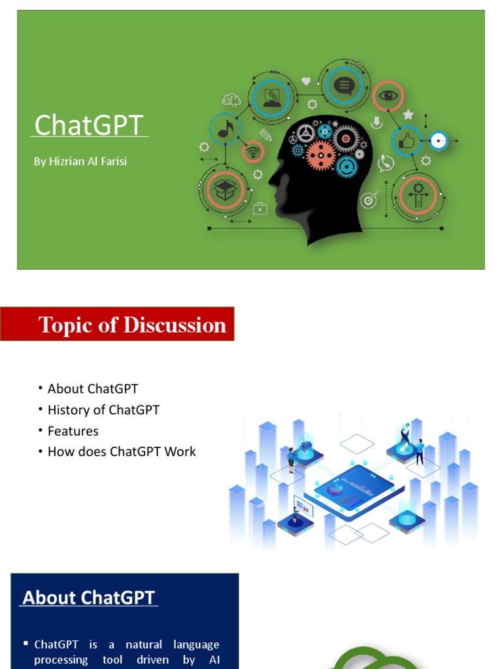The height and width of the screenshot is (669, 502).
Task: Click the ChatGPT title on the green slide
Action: click(88, 125)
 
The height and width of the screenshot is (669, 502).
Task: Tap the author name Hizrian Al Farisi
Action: click(80, 161)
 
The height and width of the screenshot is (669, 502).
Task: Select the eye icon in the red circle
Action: click(388, 95)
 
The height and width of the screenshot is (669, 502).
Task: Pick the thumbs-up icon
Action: click(407, 140)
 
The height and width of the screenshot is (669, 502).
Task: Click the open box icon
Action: click(225, 189)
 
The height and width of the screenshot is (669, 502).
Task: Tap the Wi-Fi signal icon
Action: click(253, 152)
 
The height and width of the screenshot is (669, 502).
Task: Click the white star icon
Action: click(408, 115)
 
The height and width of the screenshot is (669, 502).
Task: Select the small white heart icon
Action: click(306, 82)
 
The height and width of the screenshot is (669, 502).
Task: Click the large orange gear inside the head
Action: click(321, 155)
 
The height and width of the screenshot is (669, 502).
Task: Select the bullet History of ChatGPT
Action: click(103, 410)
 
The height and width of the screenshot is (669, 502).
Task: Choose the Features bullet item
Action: click(73, 431)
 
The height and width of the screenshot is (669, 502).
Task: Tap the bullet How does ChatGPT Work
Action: click(122, 452)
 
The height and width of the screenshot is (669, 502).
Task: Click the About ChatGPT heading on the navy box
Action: click(89, 598)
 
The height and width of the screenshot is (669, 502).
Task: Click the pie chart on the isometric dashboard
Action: click(335, 489)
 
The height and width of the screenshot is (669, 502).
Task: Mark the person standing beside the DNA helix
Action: click(420, 451)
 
